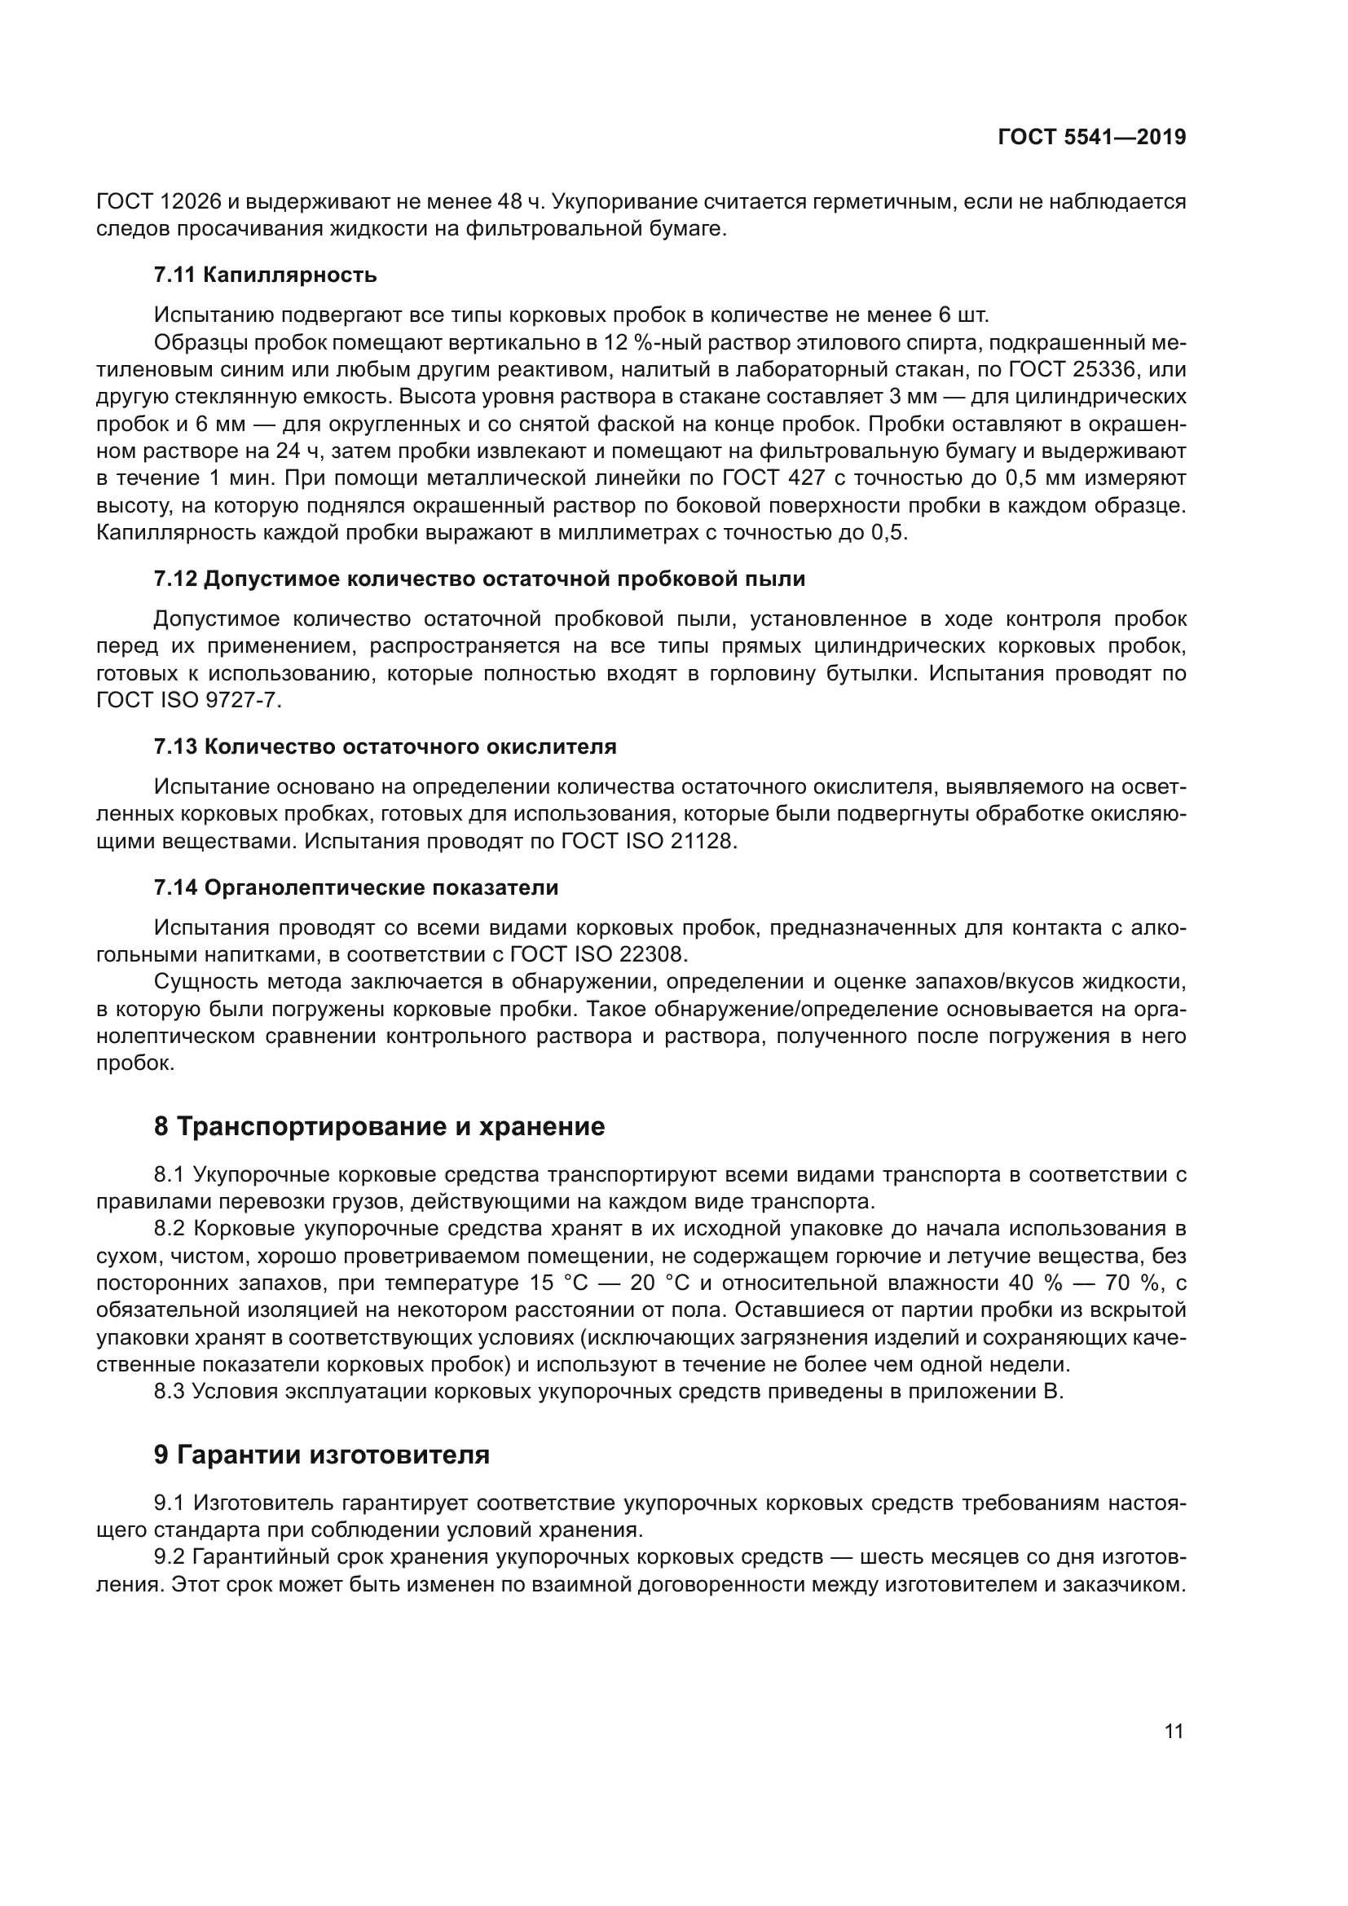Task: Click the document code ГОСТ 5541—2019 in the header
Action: [1091, 137]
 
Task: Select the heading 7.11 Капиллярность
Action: [265, 275]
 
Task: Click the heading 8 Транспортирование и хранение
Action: [379, 1126]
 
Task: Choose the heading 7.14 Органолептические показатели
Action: [356, 887]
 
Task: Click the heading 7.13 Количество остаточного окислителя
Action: [385, 746]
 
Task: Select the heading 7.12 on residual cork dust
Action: [479, 579]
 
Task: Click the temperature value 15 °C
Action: [557, 1283]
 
